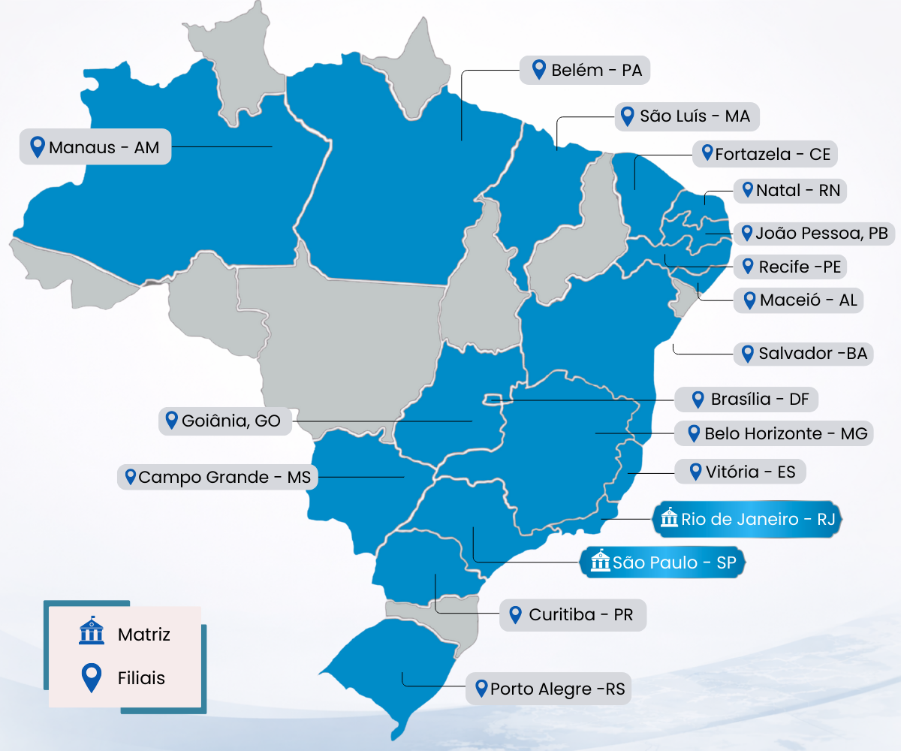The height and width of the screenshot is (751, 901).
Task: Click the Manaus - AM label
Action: click(95, 147)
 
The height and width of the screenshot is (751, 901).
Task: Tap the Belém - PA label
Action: click(585, 71)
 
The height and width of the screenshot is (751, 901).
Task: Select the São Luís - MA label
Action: click(687, 116)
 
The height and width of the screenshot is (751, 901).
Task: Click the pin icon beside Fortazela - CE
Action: click(707, 153)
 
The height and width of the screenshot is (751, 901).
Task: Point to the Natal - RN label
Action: click(790, 190)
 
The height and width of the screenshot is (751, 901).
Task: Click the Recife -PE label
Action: click(791, 267)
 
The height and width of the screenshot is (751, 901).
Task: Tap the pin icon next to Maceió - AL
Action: click(749, 300)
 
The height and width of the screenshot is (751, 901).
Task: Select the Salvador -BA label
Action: click(803, 354)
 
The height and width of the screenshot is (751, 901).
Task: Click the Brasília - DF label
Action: click(752, 399)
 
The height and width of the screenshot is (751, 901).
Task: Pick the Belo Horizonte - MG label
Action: click(774, 433)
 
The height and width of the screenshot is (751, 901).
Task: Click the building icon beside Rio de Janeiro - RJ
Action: click(668, 518)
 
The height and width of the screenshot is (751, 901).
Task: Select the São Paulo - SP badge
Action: click(664, 562)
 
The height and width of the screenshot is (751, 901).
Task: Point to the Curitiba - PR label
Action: click(571, 615)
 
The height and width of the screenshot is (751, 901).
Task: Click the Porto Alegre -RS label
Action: click(548, 689)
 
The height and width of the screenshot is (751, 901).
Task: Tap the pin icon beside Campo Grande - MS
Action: click(130, 477)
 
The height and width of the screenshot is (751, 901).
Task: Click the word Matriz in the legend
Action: click(144, 635)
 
